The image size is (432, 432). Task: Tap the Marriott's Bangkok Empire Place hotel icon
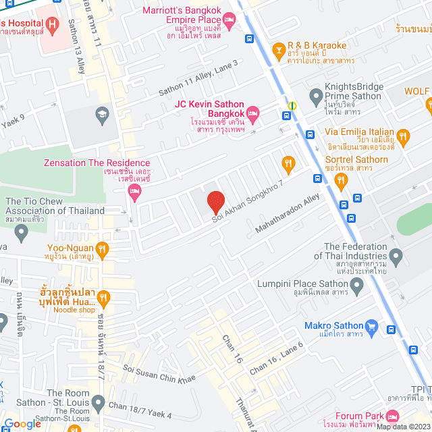click(x=229, y=22)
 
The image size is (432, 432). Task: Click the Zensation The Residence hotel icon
click(x=134, y=193)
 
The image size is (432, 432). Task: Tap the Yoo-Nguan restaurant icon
click(x=102, y=250)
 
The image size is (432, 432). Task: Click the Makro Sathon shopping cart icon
click(x=371, y=327)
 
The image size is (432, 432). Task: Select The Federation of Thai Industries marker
click(x=396, y=256)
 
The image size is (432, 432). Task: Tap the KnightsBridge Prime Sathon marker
click(x=315, y=97)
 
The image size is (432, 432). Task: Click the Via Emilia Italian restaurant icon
click(x=404, y=138)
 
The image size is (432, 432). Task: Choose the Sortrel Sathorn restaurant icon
click(x=341, y=180)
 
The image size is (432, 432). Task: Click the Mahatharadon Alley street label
click(x=287, y=213)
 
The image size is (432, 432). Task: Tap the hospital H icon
click(x=53, y=26)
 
